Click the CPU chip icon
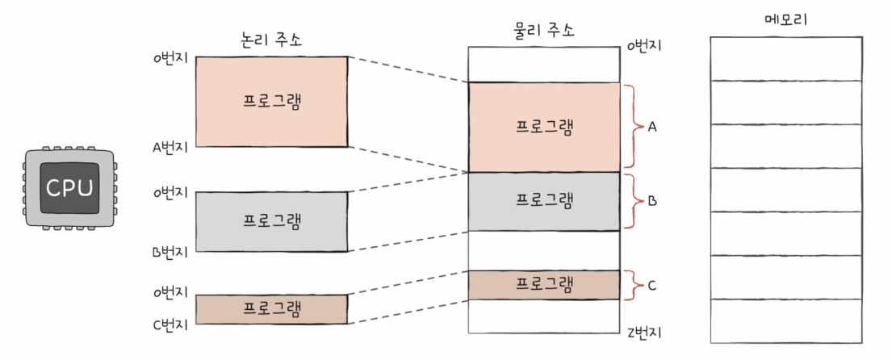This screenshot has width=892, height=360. pos(69,189)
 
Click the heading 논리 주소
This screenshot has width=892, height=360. pos(272,40)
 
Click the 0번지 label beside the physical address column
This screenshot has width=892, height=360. pos(643,45)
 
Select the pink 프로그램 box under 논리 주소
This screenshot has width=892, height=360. pos(272,102)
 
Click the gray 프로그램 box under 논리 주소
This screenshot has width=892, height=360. pos(272,220)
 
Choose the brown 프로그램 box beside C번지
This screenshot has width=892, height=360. pos(272,309)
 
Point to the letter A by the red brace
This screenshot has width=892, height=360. pos(653,127)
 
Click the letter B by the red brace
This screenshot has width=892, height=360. pos(653,200)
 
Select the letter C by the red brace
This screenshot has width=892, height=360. pos(653,284)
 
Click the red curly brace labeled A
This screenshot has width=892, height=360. pos(631,127)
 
